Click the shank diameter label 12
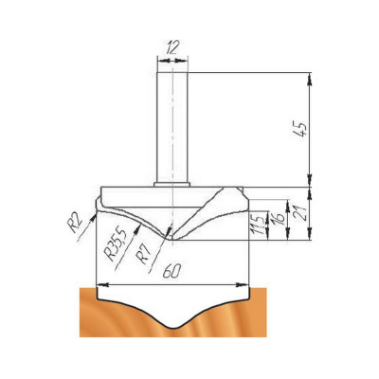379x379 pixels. click(172, 48)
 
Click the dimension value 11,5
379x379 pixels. click(259, 225)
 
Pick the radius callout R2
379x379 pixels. click(76, 223)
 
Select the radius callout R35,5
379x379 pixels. click(116, 244)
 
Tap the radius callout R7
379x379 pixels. click(143, 254)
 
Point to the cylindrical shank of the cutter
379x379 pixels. click(172, 127)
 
